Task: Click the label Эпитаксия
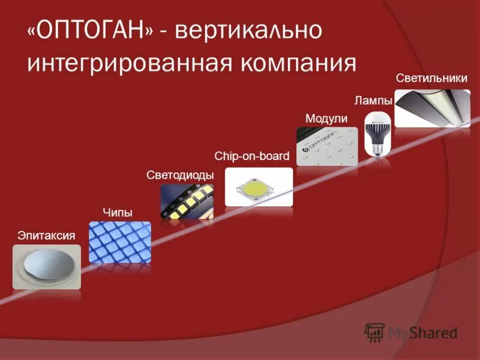[x=46, y=235]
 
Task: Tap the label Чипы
[x=117, y=212]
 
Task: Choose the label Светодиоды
[x=180, y=175]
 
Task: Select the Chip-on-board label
[x=252, y=157]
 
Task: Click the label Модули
[x=326, y=118]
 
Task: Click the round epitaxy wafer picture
[x=47, y=266]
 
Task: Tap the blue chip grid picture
[x=120, y=242]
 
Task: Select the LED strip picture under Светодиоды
[x=187, y=201]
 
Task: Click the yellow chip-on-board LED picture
[x=259, y=187]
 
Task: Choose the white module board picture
[x=326, y=147]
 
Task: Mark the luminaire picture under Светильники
[x=432, y=108]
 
